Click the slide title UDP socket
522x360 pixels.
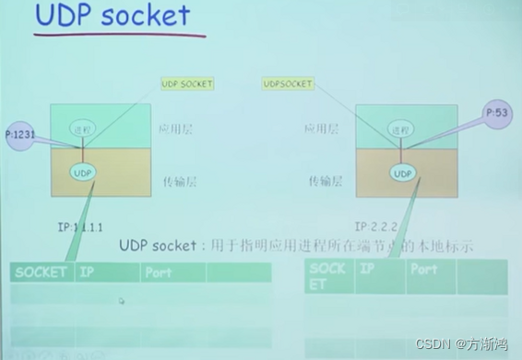point(113,17)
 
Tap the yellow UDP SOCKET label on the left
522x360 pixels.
point(187,84)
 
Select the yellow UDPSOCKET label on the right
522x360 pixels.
point(288,84)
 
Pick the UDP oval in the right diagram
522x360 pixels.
point(402,173)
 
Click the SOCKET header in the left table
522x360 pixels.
point(41,272)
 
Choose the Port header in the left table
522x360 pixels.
point(159,272)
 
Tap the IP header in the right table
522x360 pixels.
point(367,269)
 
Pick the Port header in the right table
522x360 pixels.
point(424,269)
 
